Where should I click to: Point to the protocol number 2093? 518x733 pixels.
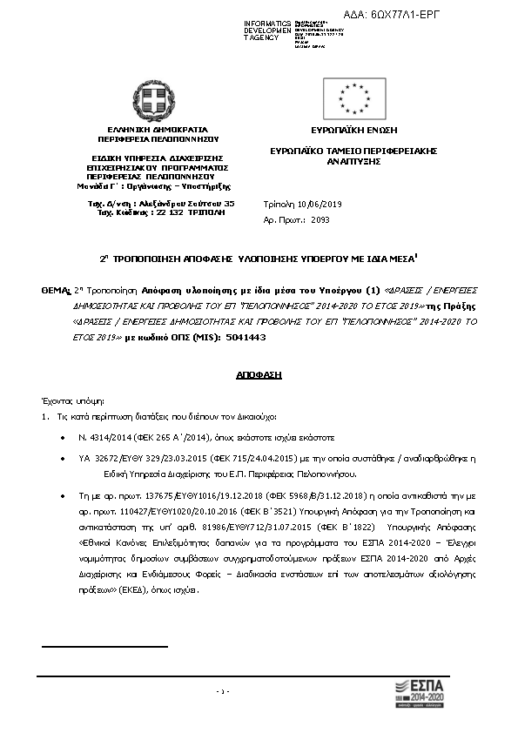321,220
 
